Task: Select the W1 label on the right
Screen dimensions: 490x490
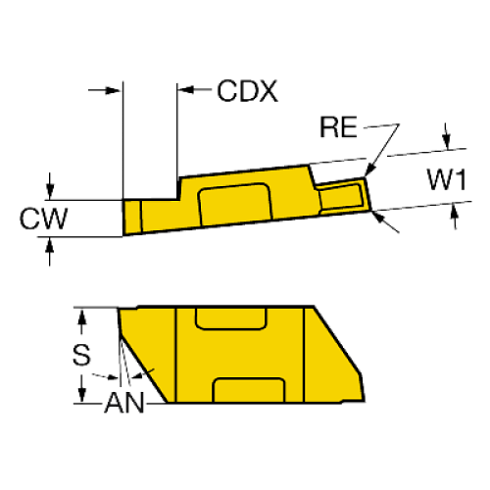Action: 444,181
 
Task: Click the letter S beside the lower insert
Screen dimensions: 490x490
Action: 86,354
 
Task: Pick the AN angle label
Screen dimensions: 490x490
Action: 125,403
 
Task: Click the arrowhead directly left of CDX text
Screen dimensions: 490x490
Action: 187,91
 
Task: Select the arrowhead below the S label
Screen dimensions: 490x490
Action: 83,398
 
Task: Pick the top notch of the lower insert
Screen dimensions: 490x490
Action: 231,317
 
